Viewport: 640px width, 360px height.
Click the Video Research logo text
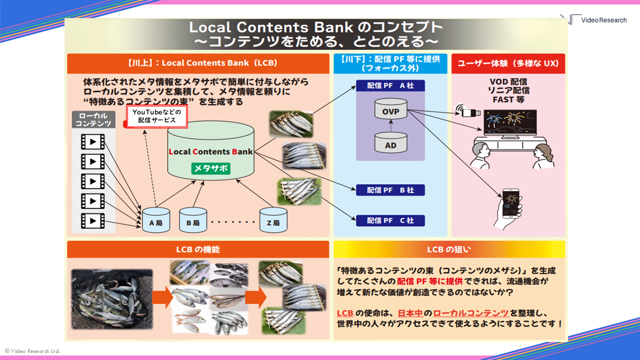click(603, 20)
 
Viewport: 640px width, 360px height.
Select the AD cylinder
click(390, 143)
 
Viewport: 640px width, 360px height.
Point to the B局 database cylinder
click(193, 220)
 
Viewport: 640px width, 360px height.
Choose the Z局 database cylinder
click(273, 220)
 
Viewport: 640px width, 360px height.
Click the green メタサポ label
click(210, 168)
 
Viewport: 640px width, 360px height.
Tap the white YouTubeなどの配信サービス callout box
click(157, 116)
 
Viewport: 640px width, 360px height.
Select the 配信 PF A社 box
click(390, 85)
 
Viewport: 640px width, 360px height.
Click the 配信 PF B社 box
click(390, 190)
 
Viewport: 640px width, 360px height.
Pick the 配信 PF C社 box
click(390, 220)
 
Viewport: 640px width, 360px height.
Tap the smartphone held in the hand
click(510, 202)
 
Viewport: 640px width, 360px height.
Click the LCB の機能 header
click(198, 249)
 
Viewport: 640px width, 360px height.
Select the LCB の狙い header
click(448, 249)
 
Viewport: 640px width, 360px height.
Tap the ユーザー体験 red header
click(508, 63)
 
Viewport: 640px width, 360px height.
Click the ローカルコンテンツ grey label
click(93, 119)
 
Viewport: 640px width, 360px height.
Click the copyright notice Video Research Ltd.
click(32, 351)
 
